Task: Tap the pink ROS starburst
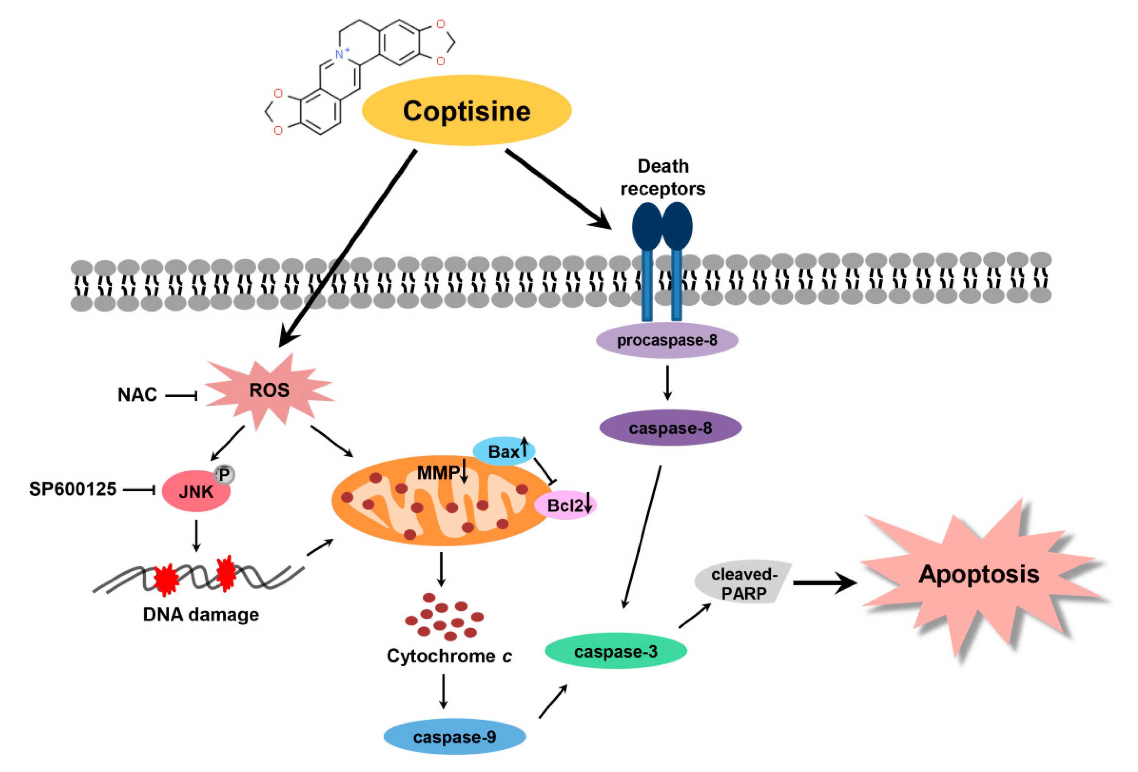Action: (x=269, y=391)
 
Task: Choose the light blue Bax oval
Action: (x=504, y=451)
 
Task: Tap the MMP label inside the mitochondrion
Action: (x=438, y=473)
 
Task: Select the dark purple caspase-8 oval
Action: (x=670, y=428)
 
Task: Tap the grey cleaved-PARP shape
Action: (x=743, y=581)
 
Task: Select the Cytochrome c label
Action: (x=449, y=656)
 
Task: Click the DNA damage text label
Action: (x=201, y=614)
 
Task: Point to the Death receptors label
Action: (x=663, y=177)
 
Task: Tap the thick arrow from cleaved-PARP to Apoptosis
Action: (x=825, y=583)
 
